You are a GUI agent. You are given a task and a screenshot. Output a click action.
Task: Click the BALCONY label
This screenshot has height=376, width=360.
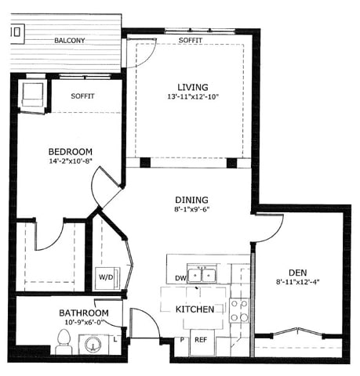[x=70, y=40]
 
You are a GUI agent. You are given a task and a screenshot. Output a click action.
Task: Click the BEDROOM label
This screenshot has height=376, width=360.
[x=71, y=152]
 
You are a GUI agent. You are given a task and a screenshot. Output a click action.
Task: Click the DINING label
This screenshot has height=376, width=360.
[x=191, y=200]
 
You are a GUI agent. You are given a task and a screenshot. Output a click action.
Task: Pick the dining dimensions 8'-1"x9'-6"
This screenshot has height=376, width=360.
[x=191, y=210]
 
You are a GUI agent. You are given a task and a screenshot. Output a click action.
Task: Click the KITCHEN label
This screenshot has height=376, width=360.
[x=195, y=310]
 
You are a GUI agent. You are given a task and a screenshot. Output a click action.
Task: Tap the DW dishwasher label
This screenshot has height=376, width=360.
[x=180, y=278]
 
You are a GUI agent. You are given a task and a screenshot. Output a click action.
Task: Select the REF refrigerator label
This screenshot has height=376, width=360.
[x=201, y=340]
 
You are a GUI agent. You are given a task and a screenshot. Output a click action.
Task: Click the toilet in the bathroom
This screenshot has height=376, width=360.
[x=64, y=341]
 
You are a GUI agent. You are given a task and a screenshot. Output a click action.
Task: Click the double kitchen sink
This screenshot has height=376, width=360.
[x=202, y=275]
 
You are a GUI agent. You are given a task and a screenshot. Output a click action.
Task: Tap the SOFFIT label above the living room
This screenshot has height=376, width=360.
[x=191, y=40]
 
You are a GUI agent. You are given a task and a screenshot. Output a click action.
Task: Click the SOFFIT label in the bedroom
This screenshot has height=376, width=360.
[x=83, y=96]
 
